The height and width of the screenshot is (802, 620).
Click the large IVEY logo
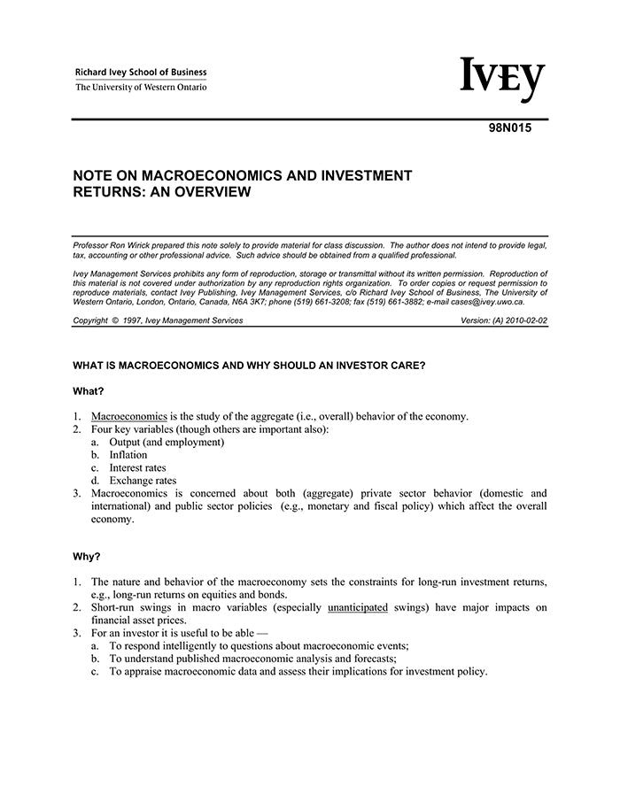point(501,81)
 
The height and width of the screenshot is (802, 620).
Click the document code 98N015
point(509,127)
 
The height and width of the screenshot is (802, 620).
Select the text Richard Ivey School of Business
point(141,72)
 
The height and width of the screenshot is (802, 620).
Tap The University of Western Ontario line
point(141,87)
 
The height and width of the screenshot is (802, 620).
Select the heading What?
point(89,390)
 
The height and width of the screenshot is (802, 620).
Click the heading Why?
point(87,557)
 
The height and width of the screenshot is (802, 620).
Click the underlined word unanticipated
point(358,607)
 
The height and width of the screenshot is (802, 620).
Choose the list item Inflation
point(128,454)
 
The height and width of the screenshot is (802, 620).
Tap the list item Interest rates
point(137,467)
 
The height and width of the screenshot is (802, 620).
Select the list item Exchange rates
point(143,481)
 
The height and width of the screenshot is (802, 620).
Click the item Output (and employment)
point(167,442)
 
